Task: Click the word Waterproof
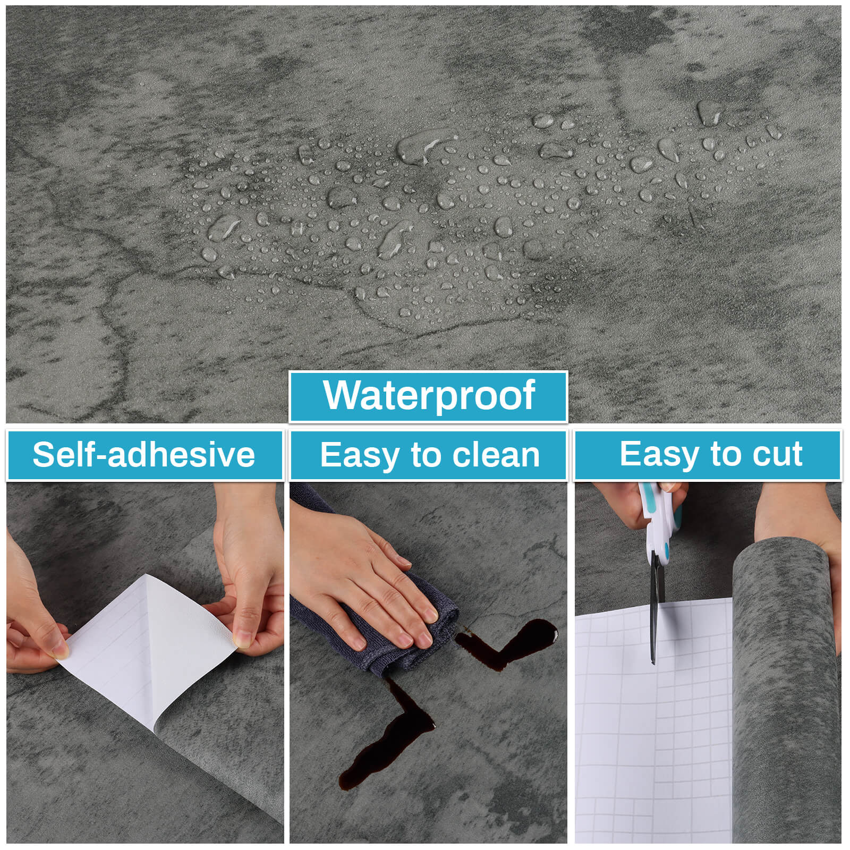pos(429,395)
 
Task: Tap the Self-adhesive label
pos(144,455)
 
